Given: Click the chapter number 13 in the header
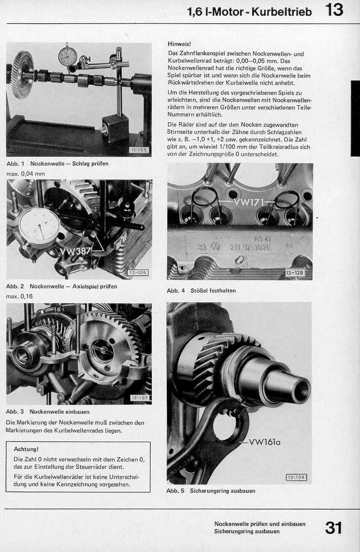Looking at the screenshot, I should [x=334, y=10].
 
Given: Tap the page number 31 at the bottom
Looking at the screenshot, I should [x=334, y=527].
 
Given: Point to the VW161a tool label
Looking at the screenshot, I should [x=265, y=442].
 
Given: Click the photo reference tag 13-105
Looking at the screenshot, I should [x=139, y=150].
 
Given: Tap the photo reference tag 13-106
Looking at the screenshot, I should [x=138, y=273].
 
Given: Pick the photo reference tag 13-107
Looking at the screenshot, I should [x=140, y=398].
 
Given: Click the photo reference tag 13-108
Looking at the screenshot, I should [x=296, y=477].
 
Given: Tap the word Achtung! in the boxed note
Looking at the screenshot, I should [x=26, y=449].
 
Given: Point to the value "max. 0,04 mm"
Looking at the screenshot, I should [x=26, y=173].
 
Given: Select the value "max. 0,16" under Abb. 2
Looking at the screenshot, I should [x=20, y=296].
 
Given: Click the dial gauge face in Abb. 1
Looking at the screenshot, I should [x=69, y=56].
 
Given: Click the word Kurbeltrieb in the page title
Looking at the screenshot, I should [x=282, y=12].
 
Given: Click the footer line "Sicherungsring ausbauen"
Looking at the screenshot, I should [x=247, y=531].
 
